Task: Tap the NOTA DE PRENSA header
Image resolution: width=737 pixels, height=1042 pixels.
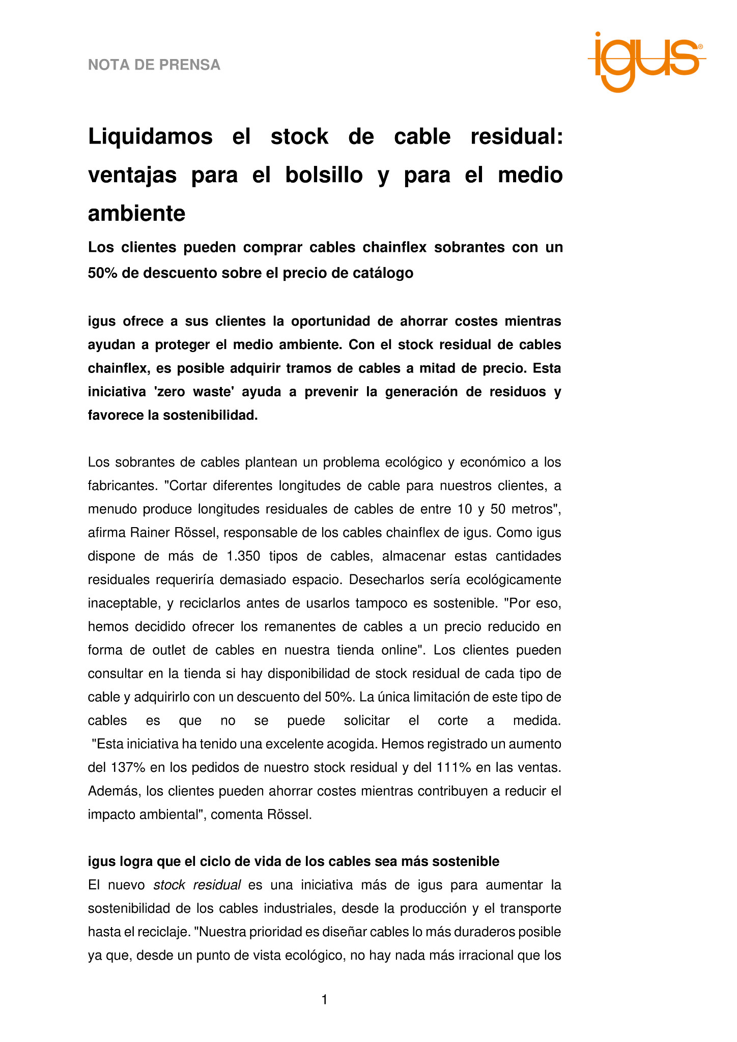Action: coord(154,65)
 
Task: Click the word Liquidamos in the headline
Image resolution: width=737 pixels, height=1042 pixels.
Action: coord(150,137)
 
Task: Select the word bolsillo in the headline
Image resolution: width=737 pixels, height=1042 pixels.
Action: coord(324,175)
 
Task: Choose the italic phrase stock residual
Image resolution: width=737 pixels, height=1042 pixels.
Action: coord(197,885)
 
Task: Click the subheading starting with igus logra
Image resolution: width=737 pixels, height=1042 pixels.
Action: coord(294,861)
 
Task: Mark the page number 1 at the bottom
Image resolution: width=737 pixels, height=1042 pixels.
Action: coord(324,1000)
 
